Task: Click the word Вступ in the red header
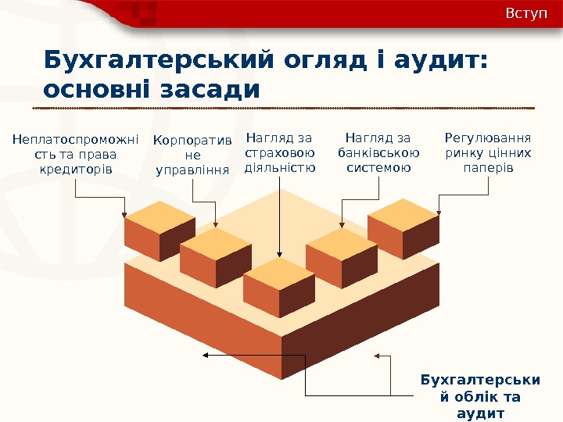click(x=526, y=15)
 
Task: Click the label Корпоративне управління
click(x=192, y=155)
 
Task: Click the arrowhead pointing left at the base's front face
click(x=206, y=356)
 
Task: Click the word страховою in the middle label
click(x=280, y=153)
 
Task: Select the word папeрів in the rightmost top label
click(x=488, y=168)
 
